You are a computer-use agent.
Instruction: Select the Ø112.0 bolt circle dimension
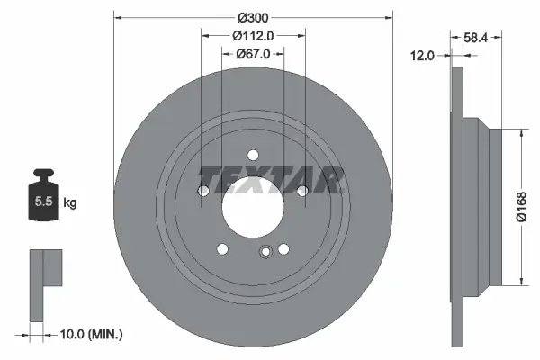coord(253,36)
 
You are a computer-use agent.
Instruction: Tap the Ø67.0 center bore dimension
coord(253,54)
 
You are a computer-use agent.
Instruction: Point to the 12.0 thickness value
coord(423,55)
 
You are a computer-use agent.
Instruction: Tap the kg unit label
coord(69,203)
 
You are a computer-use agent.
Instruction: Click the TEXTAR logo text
coord(270,180)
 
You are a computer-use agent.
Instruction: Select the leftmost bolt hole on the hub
coord(203,191)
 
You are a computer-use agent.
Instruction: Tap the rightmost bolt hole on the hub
coord(302,191)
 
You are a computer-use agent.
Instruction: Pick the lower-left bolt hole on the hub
coord(222,249)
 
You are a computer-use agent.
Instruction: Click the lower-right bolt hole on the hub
coord(283,249)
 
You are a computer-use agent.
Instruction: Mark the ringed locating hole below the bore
coord(265,252)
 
